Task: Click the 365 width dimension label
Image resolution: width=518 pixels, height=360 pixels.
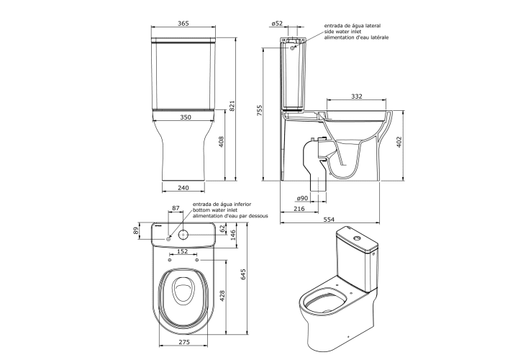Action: click(183, 23)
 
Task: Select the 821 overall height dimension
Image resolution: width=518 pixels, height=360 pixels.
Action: click(232, 105)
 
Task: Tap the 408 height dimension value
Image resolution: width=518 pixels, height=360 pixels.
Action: click(222, 142)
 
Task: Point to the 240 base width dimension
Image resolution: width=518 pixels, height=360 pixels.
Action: click(183, 188)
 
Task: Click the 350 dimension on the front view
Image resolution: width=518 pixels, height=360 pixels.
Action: click(186, 117)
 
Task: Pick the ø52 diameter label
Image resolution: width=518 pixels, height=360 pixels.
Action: click(277, 23)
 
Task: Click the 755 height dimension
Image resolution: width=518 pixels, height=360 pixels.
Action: click(259, 110)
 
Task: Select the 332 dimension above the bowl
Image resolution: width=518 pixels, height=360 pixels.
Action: click(356, 96)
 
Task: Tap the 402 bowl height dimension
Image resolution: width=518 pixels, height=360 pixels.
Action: click(399, 142)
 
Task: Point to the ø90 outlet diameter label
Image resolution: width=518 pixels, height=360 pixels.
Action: click(302, 198)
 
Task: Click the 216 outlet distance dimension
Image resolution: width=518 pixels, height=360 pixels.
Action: click(299, 209)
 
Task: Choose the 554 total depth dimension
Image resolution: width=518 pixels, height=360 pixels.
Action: click(329, 219)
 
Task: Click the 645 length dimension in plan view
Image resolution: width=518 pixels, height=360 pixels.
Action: click(243, 274)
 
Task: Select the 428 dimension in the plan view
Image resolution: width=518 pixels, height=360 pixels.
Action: click(222, 296)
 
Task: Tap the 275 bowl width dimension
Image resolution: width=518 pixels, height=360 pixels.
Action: click(184, 342)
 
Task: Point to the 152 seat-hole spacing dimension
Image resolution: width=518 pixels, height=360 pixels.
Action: click(182, 251)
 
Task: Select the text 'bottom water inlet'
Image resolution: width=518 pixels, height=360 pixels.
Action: click(215, 210)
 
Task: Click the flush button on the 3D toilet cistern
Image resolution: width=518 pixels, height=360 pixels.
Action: click(357, 238)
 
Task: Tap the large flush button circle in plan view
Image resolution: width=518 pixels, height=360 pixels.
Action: click(183, 235)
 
